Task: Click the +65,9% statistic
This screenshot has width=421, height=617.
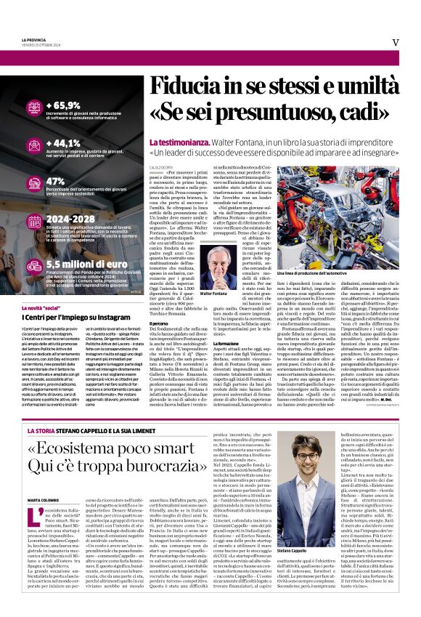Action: pos(64,105)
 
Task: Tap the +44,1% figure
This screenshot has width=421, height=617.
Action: pos(63,143)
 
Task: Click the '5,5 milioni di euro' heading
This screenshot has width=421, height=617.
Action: pos(88,264)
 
